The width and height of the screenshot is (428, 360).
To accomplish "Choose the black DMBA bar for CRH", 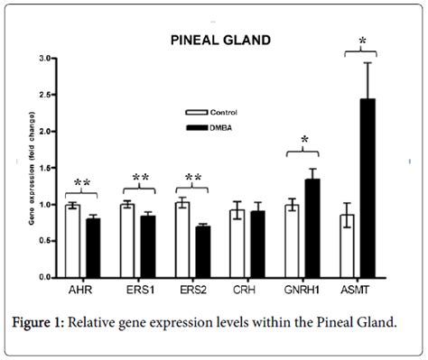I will pyautogui.click(x=258, y=245).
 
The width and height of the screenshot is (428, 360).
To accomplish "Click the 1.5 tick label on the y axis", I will pyautogui.click(x=46, y=169).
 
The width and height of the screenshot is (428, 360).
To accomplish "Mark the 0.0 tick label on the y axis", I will pyautogui.click(x=46, y=279).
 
